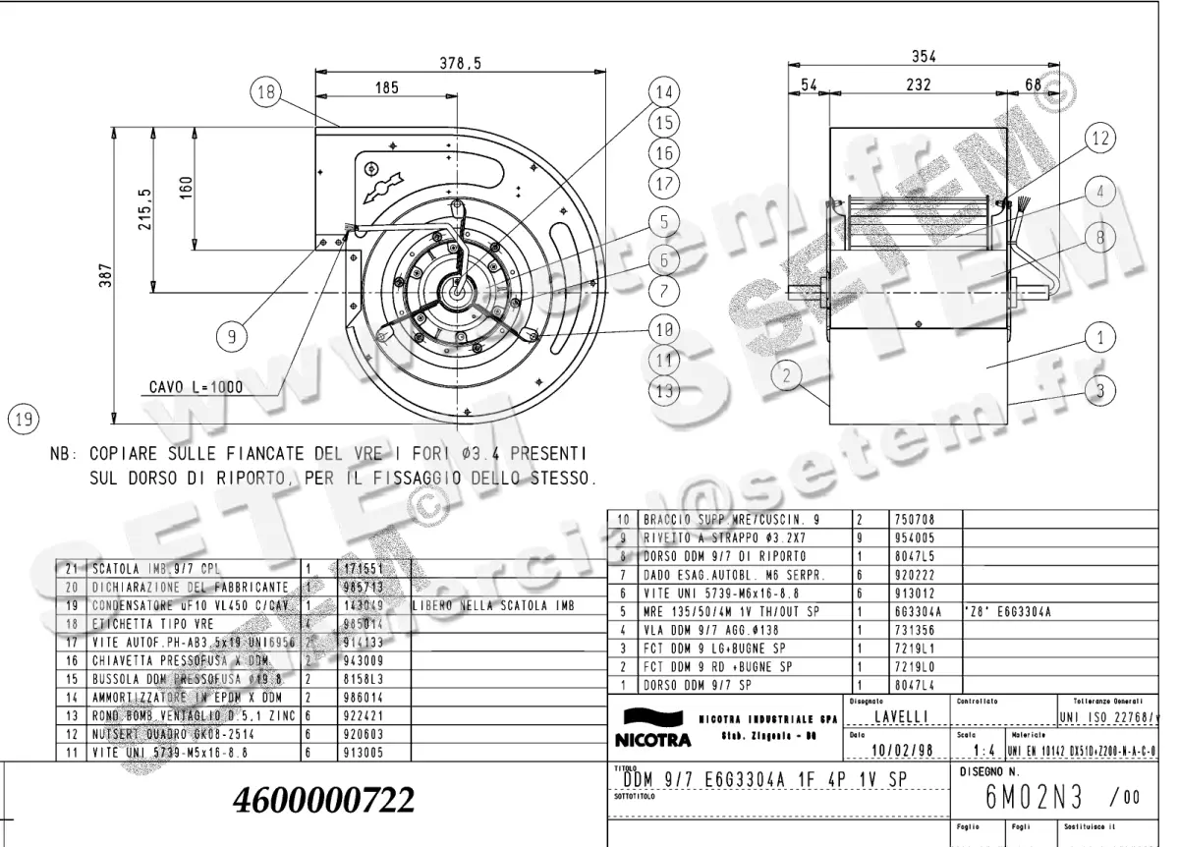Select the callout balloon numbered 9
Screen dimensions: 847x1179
232,337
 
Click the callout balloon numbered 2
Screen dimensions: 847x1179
787,373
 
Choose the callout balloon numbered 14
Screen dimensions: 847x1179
665,91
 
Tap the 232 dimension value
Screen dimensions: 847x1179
918,86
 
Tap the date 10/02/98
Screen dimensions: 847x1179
903,752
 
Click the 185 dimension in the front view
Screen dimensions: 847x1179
386,88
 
